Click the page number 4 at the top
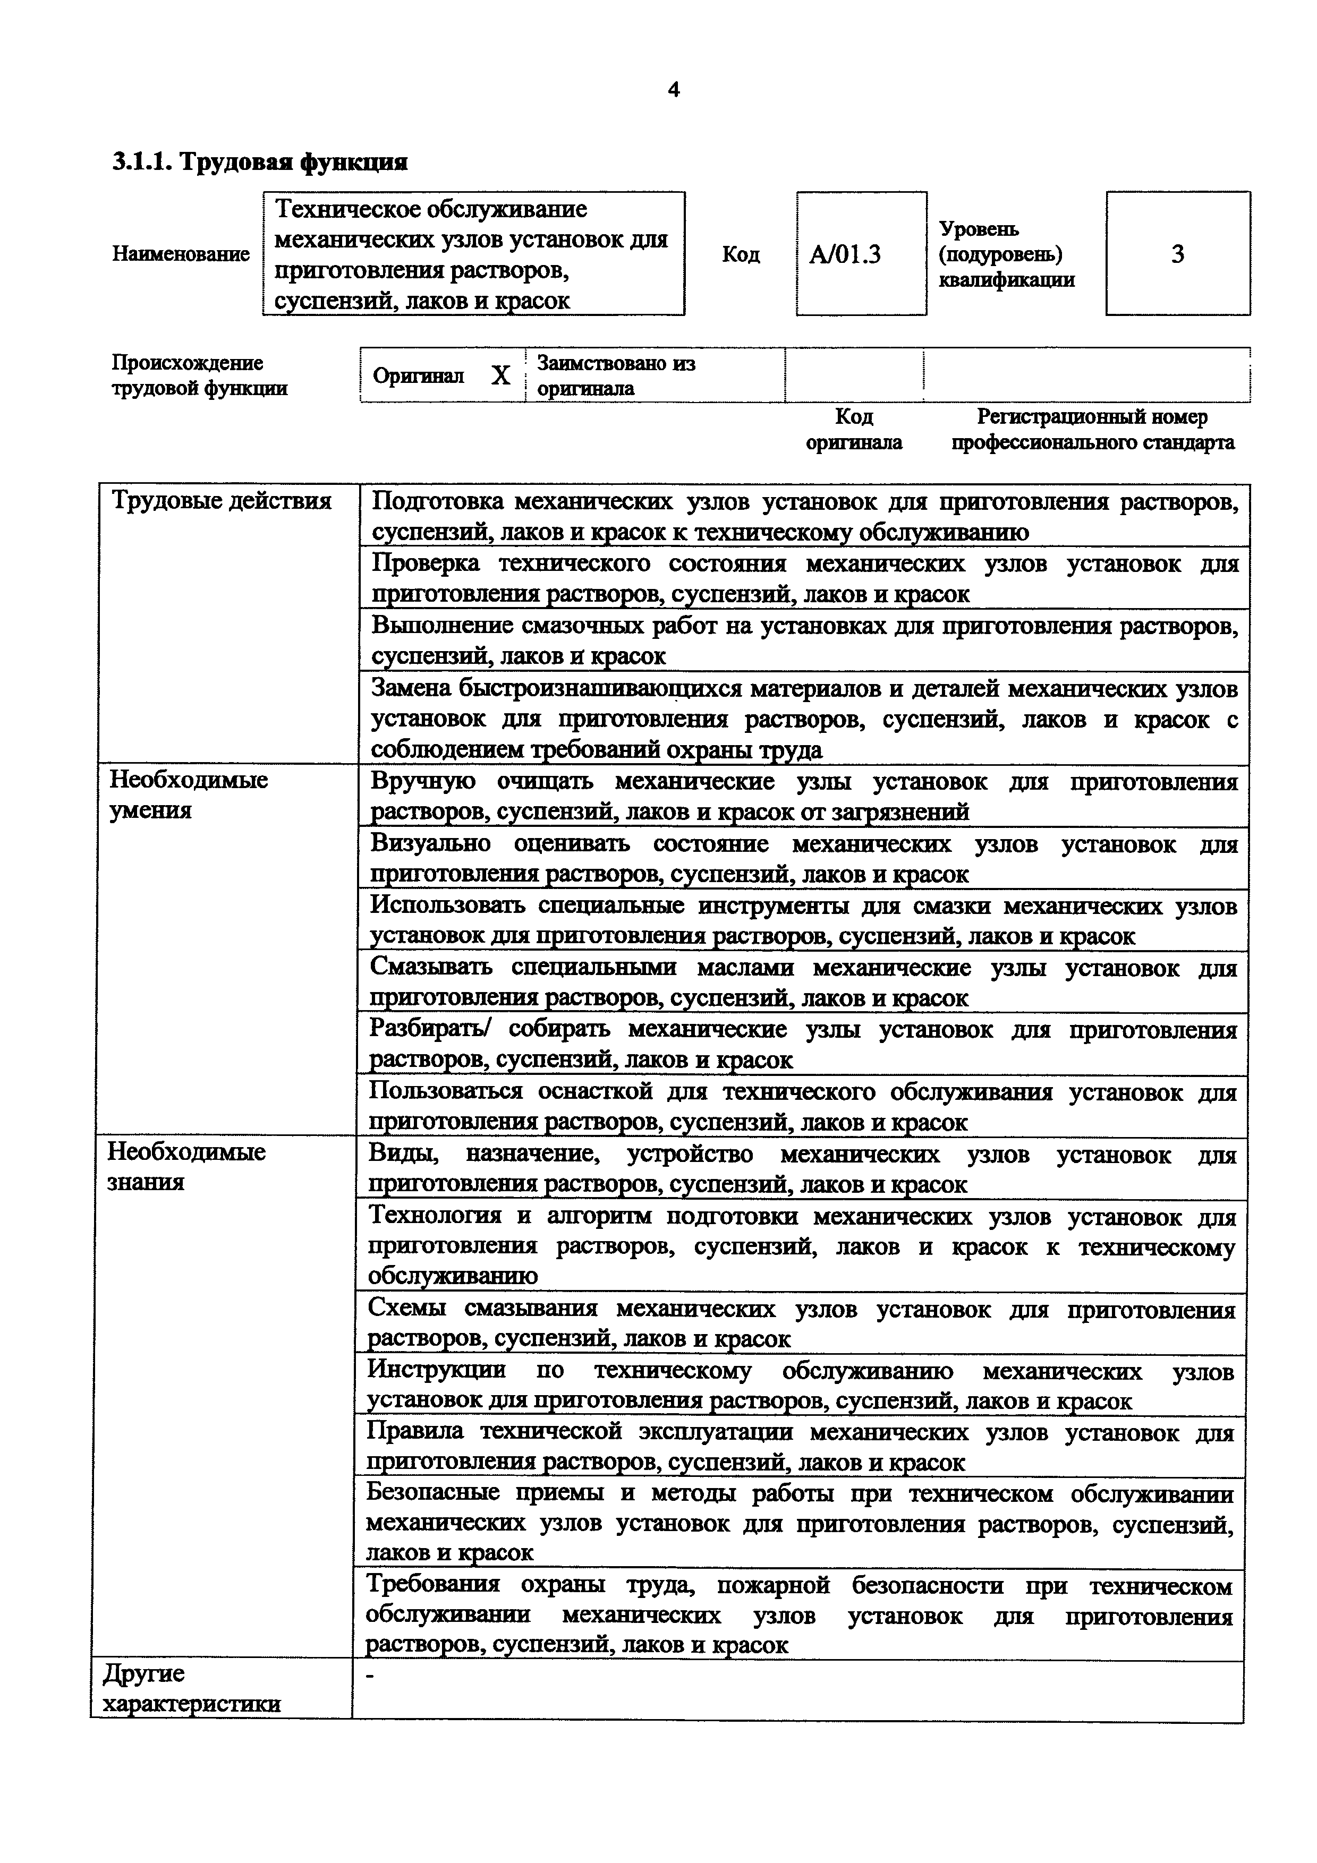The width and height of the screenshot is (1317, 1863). pos(673,90)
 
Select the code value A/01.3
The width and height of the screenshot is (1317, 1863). pos(845,255)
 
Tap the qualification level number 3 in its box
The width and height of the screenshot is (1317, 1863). pos(1177,255)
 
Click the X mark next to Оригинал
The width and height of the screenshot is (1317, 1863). pos(500,375)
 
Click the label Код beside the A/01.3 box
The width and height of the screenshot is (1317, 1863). pos(740,255)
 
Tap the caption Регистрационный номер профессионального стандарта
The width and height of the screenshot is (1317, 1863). pos(1092,429)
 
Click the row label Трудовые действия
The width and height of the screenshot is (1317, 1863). pos(220,501)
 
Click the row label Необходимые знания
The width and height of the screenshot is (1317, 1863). pos(186,1167)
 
